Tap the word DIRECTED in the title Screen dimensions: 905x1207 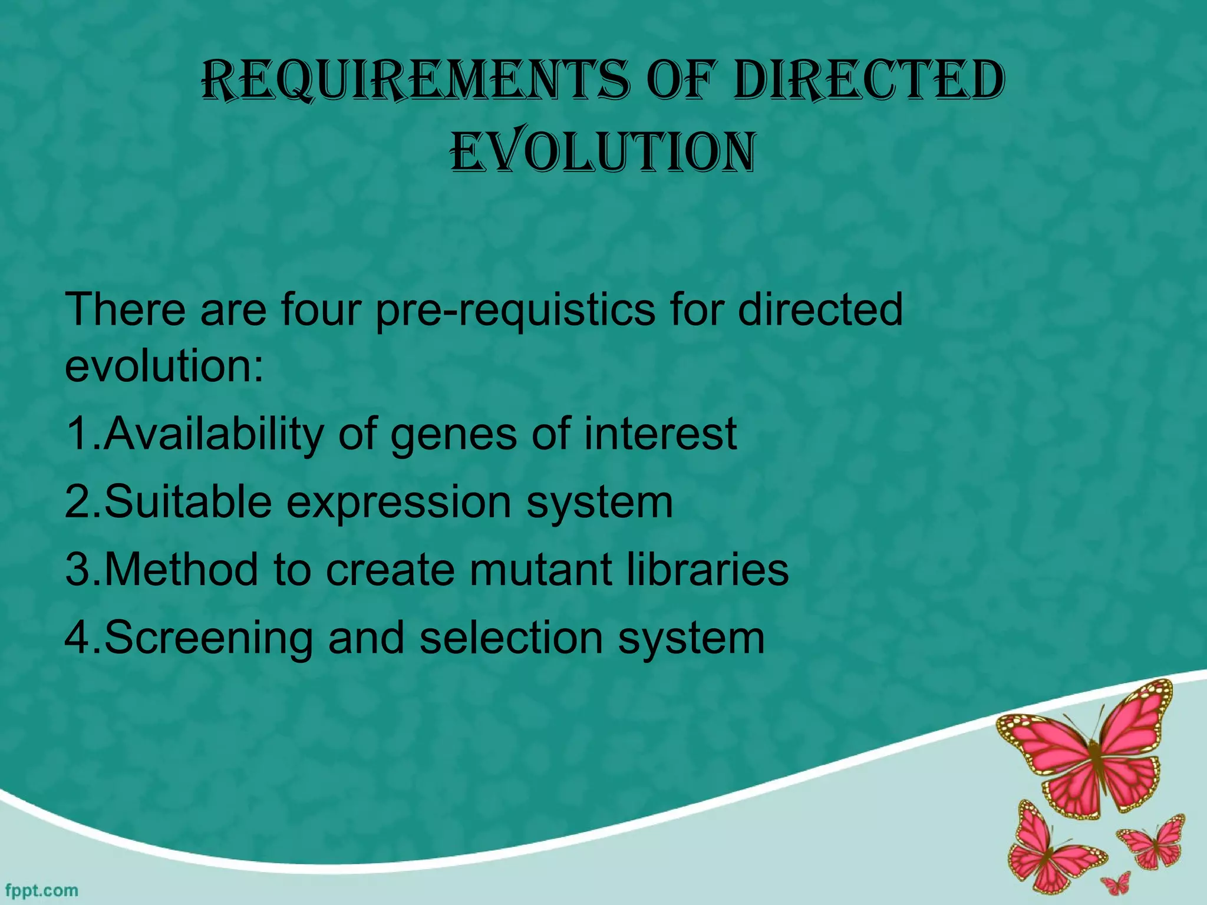(870, 81)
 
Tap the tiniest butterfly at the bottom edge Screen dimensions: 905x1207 (1116, 884)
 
